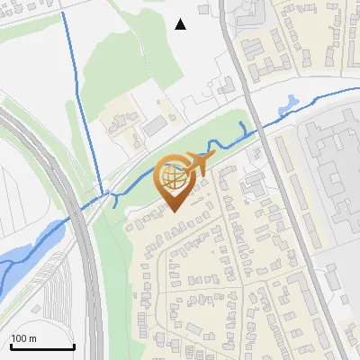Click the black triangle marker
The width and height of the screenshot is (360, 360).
(x=181, y=24)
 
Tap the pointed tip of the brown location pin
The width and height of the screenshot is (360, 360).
(x=174, y=211)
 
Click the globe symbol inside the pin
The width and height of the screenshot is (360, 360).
(x=173, y=177)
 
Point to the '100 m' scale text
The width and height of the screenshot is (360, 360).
(x=24, y=338)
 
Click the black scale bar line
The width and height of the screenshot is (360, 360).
(x=42, y=347)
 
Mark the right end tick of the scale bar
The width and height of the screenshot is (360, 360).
(x=74, y=346)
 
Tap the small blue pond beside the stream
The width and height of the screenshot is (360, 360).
(x=287, y=106)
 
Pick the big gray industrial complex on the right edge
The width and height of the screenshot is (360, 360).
(x=333, y=171)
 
